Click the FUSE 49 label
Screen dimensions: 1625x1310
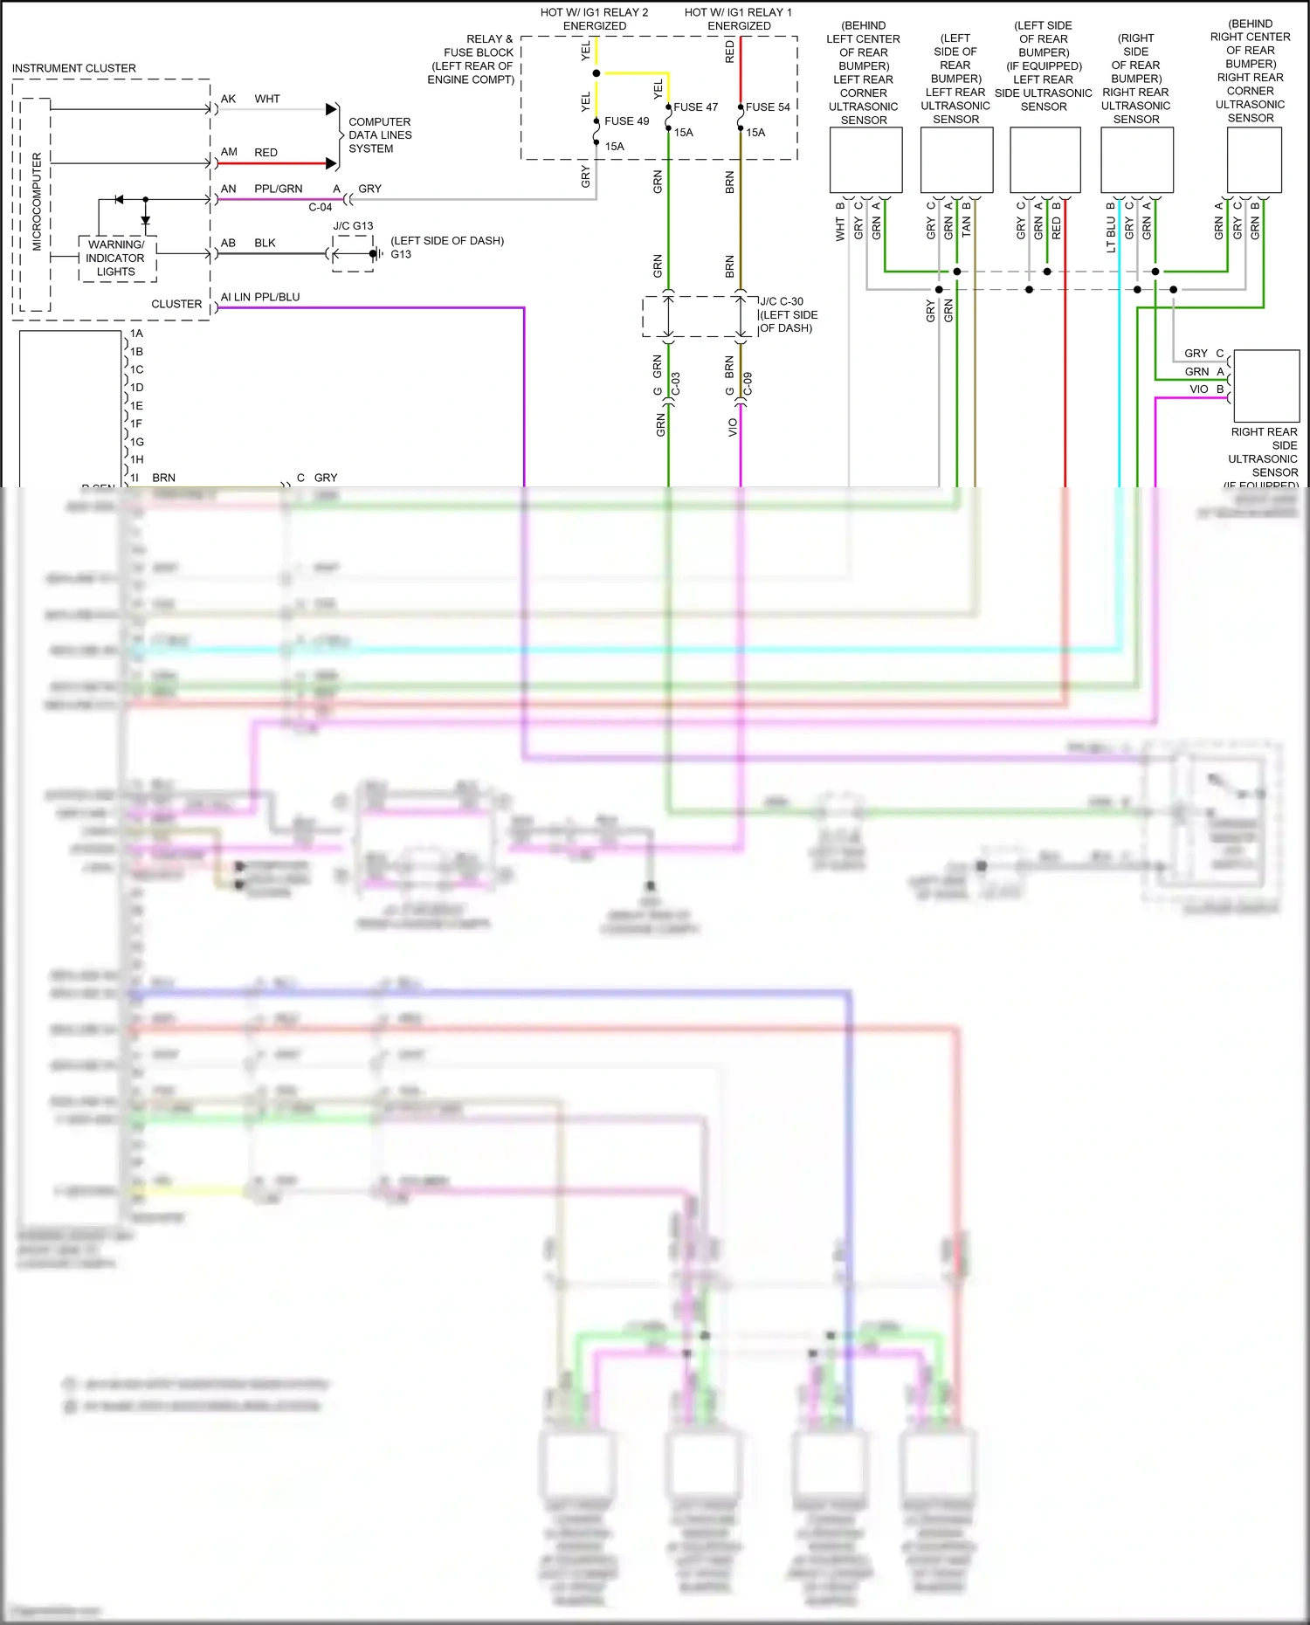tap(626, 121)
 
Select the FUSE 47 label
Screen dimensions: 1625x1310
tap(695, 107)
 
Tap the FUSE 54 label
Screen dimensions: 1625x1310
tap(767, 107)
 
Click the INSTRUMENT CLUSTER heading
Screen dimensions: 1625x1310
tap(74, 68)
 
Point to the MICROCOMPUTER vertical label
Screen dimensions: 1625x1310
tap(37, 202)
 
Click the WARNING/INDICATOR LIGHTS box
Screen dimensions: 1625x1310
tap(116, 258)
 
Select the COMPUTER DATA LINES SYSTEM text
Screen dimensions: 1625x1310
tap(379, 135)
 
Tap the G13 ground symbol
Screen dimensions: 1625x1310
tap(375, 254)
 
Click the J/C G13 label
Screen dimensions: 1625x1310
tap(353, 226)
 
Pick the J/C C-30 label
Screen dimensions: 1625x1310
tap(781, 301)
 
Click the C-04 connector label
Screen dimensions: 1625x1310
tap(320, 208)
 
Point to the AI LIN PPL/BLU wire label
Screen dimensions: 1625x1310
tap(260, 297)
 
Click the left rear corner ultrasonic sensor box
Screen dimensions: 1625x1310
tap(865, 161)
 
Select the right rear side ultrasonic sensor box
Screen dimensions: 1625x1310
tap(1266, 386)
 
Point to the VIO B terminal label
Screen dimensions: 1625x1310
tap(1206, 389)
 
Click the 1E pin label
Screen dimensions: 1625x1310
tap(136, 406)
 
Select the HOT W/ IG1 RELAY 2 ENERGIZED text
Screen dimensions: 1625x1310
tap(594, 19)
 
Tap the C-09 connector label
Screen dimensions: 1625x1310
tap(748, 384)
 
